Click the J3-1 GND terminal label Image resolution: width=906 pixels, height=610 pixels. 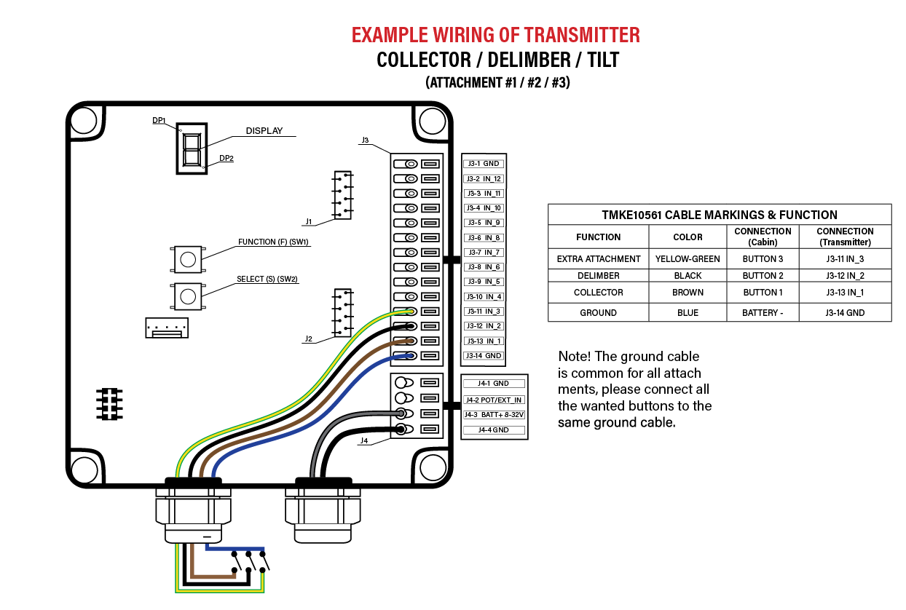coord(484,164)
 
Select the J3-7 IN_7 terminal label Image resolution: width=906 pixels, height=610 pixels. coord(484,253)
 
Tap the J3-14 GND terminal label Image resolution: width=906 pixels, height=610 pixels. coord(484,356)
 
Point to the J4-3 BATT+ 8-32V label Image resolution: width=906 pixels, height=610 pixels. coord(494,415)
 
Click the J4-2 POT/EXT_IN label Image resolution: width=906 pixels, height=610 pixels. coord(494,400)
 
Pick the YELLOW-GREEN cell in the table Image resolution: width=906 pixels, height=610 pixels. coord(688,258)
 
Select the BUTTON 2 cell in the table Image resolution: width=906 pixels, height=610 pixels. coord(763,276)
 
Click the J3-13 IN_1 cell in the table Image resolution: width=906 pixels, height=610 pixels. coord(845,293)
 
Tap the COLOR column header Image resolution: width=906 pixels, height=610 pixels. coord(688,237)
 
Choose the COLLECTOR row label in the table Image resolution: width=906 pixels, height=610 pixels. coord(599,293)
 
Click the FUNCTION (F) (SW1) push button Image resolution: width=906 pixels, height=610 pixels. coord(188,259)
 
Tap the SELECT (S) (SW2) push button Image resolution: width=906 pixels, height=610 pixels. coord(188,296)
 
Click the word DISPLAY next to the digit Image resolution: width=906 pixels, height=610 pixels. coord(264,131)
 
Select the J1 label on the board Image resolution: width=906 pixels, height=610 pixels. coord(309,221)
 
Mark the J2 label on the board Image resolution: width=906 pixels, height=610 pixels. coord(309,338)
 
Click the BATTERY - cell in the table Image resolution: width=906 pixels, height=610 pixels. coord(763,313)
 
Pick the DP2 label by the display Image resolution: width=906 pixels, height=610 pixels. coord(227,158)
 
